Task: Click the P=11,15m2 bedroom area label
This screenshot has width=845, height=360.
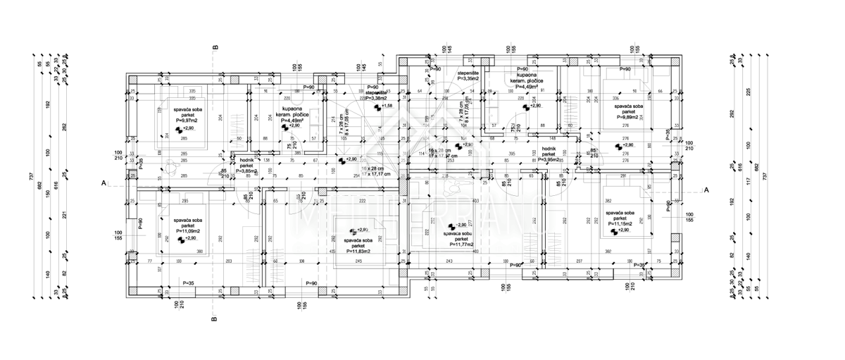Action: tap(620, 223)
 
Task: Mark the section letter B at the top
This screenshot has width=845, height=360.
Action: tap(215, 48)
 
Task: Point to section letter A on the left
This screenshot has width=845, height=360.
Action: tap(104, 182)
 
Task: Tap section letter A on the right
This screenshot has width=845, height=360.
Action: tap(706, 190)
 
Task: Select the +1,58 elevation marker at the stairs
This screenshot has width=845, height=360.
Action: tap(387, 106)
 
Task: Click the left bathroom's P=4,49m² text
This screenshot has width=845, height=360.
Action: tap(291, 120)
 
